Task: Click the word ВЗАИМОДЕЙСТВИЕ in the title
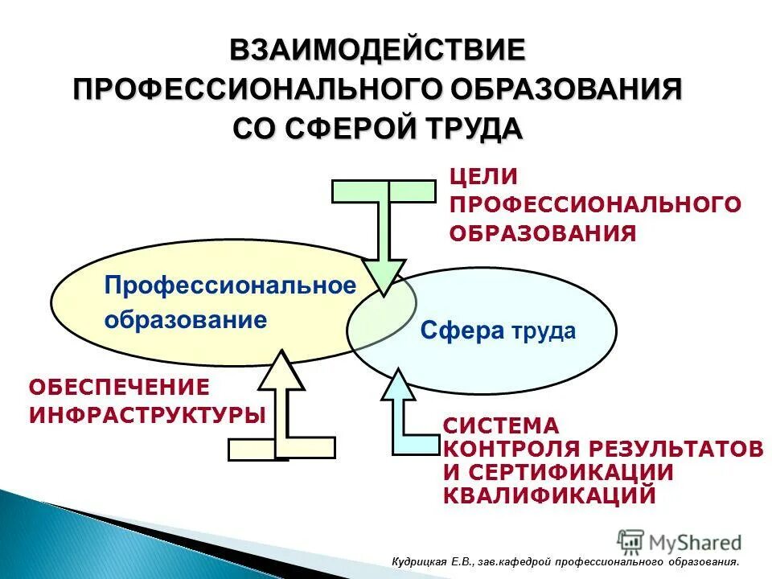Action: tap(377, 50)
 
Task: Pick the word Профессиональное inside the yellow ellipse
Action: tap(230, 285)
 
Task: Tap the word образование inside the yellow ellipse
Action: tap(185, 320)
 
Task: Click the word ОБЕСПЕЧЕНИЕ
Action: tap(119, 387)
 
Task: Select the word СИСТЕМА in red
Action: tap(500, 425)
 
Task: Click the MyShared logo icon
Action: tap(630, 541)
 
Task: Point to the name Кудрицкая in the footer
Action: tap(417, 562)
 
